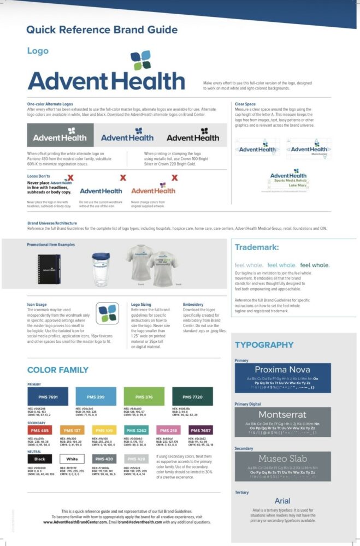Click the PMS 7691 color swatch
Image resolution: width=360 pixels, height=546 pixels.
tap(48, 396)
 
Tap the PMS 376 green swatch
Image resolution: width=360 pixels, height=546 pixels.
tap(144, 396)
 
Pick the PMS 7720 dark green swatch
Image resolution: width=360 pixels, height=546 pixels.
tap(192, 396)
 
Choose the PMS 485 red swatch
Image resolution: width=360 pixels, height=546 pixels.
tap(40, 431)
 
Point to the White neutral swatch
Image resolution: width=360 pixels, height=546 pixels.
tap(72, 459)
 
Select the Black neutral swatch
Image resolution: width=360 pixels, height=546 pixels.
tap(40, 459)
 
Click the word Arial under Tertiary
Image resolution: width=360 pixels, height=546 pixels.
tap(282, 501)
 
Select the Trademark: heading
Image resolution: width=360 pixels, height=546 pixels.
tap(257, 247)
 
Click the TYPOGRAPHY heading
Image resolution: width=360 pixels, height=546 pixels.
tap(264, 345)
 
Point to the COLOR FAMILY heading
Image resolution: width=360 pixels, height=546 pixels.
tap(57, 370)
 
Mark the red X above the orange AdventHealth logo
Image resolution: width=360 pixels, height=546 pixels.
tap(174, 177)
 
